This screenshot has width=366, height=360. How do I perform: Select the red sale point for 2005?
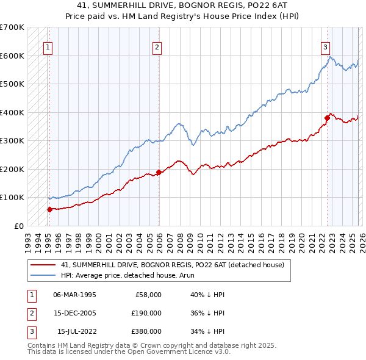pos(159,172)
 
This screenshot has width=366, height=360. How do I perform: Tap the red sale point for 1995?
pos(49,209)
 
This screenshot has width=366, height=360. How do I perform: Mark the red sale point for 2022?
pos(327,118)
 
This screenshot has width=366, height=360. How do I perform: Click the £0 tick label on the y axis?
pos(18,226)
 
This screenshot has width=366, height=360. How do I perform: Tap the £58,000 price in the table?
pos(147,294)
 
